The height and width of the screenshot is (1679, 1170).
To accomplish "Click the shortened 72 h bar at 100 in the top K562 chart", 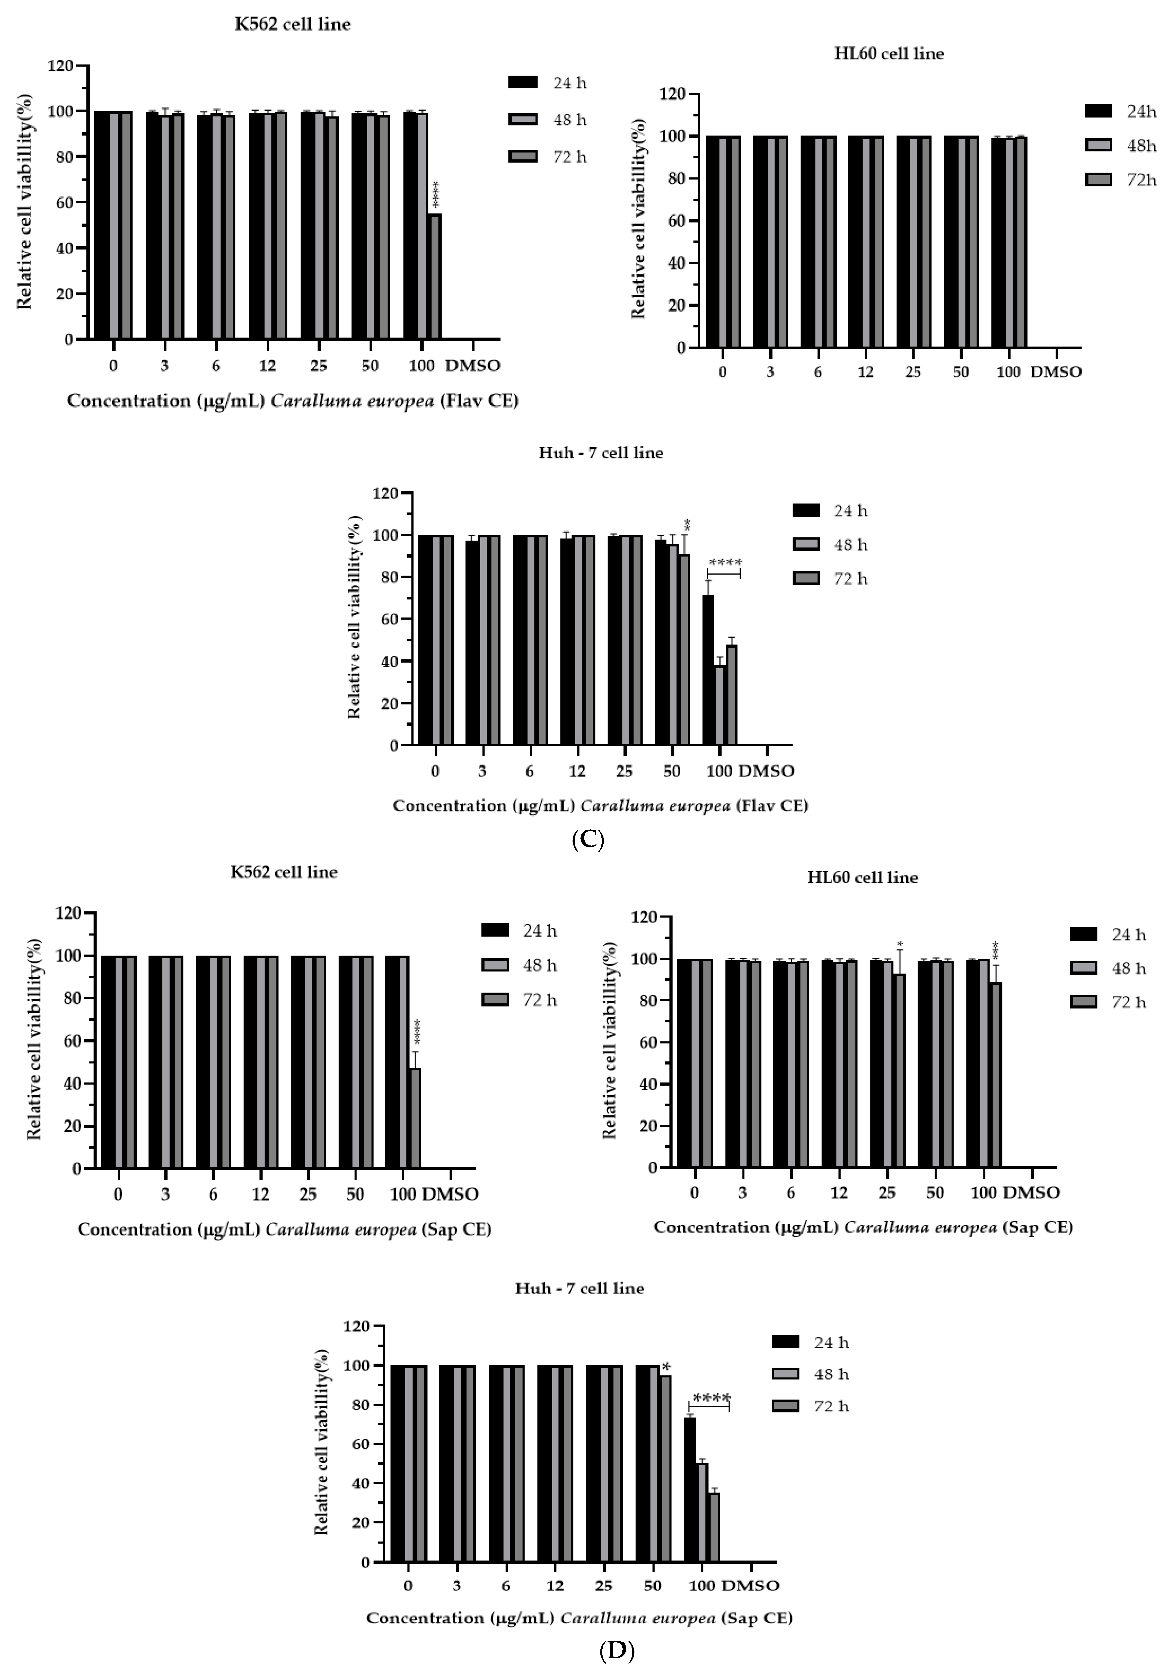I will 434,276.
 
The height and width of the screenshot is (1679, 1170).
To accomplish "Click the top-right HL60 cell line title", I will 888,53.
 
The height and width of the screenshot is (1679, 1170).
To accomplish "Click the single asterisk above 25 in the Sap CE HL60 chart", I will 900,943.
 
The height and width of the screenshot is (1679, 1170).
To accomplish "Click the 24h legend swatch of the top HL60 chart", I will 1098,111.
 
